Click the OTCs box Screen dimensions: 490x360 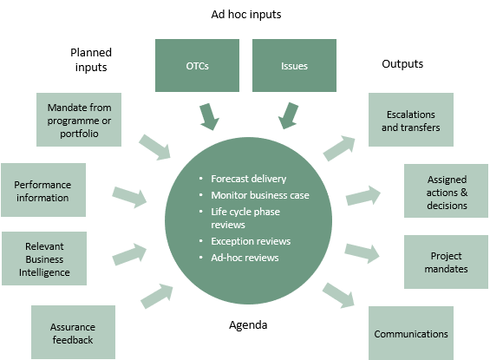[197, 65]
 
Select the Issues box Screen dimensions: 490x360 [294, 65]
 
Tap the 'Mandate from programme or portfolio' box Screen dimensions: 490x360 [79, 120]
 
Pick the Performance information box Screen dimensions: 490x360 [43, 190]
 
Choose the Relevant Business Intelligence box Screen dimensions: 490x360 [44, 259]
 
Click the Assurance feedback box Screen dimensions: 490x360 [73, 332]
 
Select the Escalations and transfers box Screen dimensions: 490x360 [411, 120]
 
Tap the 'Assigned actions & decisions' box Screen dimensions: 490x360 [447, 191]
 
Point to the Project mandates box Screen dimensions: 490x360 [447, 262]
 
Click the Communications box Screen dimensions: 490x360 [411, 333]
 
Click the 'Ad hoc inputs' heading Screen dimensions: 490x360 [246, 15]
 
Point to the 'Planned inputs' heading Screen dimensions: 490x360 [91, 60]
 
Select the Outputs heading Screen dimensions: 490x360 [402, 63]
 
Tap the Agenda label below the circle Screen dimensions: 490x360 [248, 325]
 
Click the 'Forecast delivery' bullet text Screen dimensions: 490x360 [248, 179]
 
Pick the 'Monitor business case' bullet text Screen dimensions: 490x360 [260, 195]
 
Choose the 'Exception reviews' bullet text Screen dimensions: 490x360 [251, 241]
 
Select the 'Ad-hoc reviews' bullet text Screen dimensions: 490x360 [245, 258]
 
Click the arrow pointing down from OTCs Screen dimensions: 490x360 [209, 116]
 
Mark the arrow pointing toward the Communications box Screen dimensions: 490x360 [339, 296]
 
